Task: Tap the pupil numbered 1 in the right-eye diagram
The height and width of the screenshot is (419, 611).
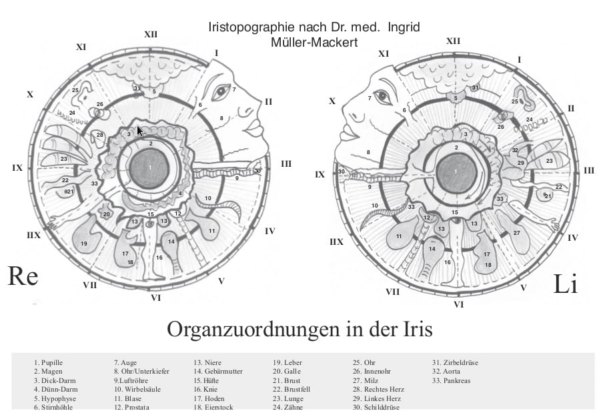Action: [x=151, y=167]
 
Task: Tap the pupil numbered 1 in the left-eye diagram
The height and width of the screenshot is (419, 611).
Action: [x=456, y=171]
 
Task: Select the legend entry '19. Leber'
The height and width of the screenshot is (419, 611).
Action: [x=288, y=363]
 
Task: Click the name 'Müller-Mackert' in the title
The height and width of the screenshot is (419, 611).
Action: [x=311, y=42]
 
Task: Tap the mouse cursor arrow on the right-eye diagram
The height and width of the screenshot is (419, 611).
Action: [x=139, y=130]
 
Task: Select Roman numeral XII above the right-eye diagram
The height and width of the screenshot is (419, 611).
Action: [x=151, y=34]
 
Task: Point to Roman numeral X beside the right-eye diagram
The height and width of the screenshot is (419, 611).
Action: [x=29, y=95]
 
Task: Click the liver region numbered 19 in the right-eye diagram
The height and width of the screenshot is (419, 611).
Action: [x=84, y=244]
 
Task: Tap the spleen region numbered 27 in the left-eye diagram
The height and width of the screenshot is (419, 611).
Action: [x=516, y=233]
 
